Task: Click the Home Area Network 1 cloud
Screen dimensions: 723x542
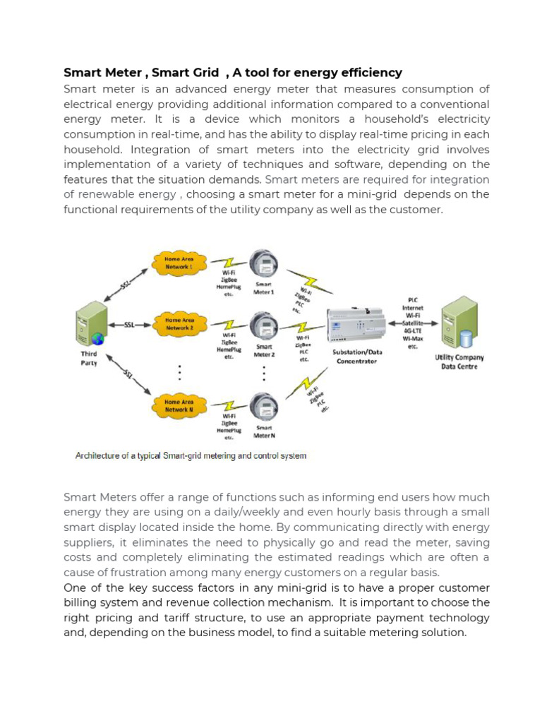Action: pos(179,263)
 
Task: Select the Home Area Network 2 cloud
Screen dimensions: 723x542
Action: pos(179,324)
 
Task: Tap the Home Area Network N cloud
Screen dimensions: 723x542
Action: pos(179,405)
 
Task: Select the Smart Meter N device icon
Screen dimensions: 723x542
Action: pos(264,406)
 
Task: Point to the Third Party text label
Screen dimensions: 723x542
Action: pos(89,357)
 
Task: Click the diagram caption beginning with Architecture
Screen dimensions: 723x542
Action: pos(191,456)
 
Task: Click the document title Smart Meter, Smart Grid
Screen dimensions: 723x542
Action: pos(233,73)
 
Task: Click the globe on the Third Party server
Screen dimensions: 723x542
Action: pos(97,339)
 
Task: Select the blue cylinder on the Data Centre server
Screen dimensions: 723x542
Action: pos(465,339)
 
